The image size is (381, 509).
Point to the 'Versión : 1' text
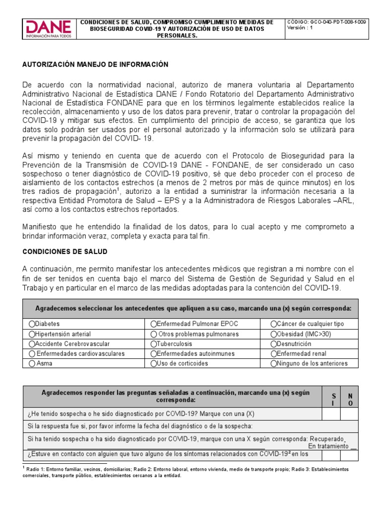point(300,28)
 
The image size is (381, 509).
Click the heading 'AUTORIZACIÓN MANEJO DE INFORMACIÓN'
point(95,65)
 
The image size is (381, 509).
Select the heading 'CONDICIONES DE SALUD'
point(64,252)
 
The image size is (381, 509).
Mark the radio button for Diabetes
point(32,324)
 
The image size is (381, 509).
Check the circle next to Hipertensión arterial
point(32,334)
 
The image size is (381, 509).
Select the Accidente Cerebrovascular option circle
point(32,344)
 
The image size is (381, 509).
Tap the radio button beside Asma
point(32,363)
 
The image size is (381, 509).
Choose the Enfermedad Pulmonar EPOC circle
point(153,324)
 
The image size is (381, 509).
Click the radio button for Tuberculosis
point(153,344)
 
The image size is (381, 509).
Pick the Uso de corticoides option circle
point(153,363)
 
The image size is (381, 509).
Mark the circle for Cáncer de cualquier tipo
point(273,324)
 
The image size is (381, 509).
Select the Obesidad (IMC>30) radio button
point(273,334)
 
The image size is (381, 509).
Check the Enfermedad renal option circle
point(273,354)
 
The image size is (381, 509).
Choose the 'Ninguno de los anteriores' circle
point(273,363)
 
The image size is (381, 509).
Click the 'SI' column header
point(333,399)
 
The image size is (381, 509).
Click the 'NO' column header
point(350,399)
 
